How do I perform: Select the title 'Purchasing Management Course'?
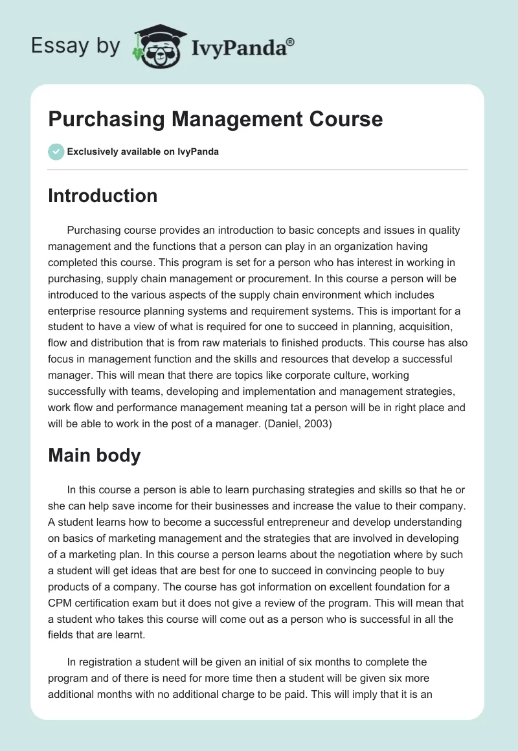[216, 119]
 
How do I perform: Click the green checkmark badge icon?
[56, 151]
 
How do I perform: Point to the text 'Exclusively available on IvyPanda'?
[143, 152]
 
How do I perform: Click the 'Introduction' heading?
[102, 196]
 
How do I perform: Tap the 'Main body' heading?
[94, 455]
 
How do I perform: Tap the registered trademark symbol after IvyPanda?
[290, 42]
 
